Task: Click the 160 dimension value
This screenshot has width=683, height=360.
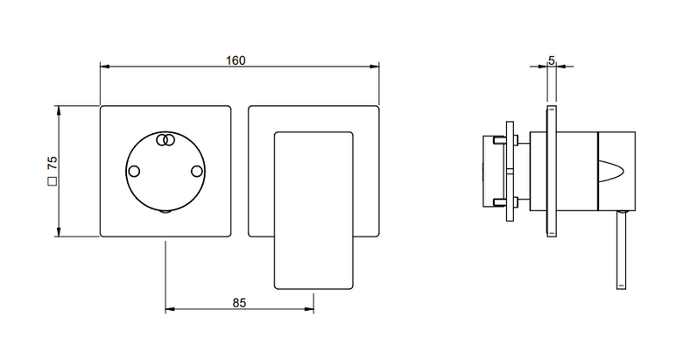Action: [236, 60]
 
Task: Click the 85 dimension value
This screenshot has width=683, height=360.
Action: [239, 302]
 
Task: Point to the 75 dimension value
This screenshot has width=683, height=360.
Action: [53, 164]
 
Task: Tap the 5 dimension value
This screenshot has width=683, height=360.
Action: [552, 60]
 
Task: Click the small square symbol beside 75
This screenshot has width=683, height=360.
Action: [53, 181]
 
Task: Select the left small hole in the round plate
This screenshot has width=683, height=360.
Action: [134, 172]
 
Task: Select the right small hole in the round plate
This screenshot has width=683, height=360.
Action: [197, 172]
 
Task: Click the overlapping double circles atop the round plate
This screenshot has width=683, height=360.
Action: [165, 139]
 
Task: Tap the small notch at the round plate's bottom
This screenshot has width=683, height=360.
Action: [165, 212]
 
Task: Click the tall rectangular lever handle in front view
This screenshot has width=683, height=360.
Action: [313, 210]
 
